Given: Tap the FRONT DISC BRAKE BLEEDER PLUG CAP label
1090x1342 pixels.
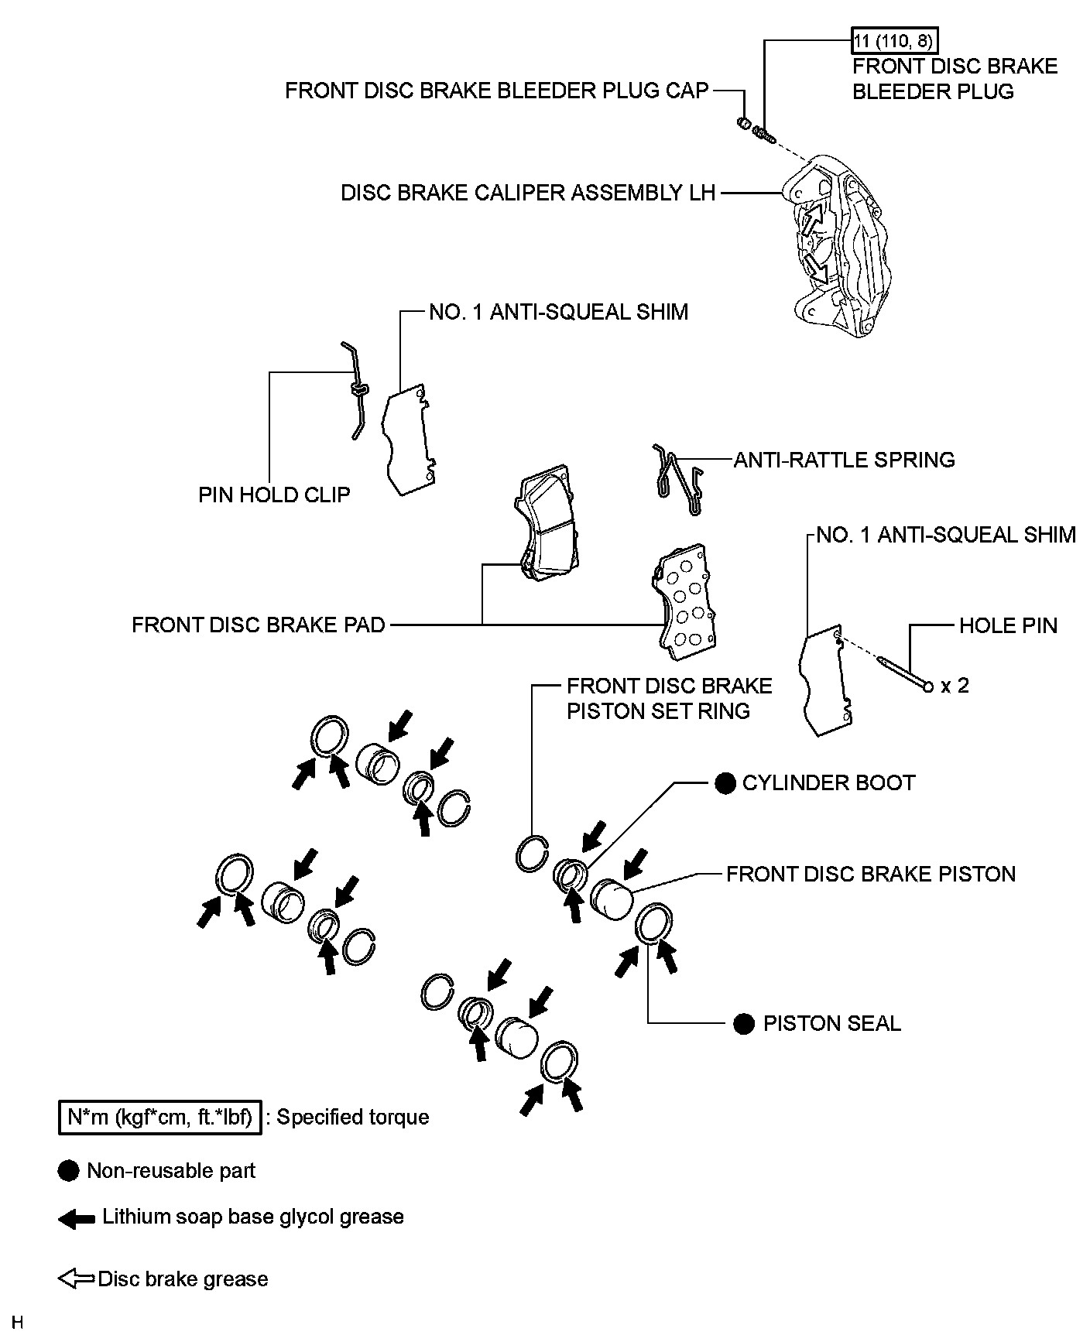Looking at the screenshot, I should click(496, 91).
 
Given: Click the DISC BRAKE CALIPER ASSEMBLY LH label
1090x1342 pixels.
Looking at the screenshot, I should click(528, 193).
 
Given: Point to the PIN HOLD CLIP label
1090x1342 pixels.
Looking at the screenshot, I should click(274, 494).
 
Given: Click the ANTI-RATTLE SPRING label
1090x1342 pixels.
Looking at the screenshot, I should click(844, 460).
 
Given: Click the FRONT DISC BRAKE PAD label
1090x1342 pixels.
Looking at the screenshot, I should click(258, 625).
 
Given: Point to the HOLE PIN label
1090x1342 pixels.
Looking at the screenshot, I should click(1008, 625).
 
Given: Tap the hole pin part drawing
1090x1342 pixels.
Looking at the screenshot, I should click(903, 673).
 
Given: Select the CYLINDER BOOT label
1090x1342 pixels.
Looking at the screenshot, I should click(828, 782).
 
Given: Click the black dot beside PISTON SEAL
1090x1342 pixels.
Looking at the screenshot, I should click(743, 1024).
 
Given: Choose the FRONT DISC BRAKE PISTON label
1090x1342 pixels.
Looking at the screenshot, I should click(870, 874).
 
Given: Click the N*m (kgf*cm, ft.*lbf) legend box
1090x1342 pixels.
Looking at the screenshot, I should click(159, 1118).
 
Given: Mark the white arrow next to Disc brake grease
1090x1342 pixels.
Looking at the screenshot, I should click(76, 1279).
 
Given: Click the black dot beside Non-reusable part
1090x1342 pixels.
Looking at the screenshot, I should click(69, 1171).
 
